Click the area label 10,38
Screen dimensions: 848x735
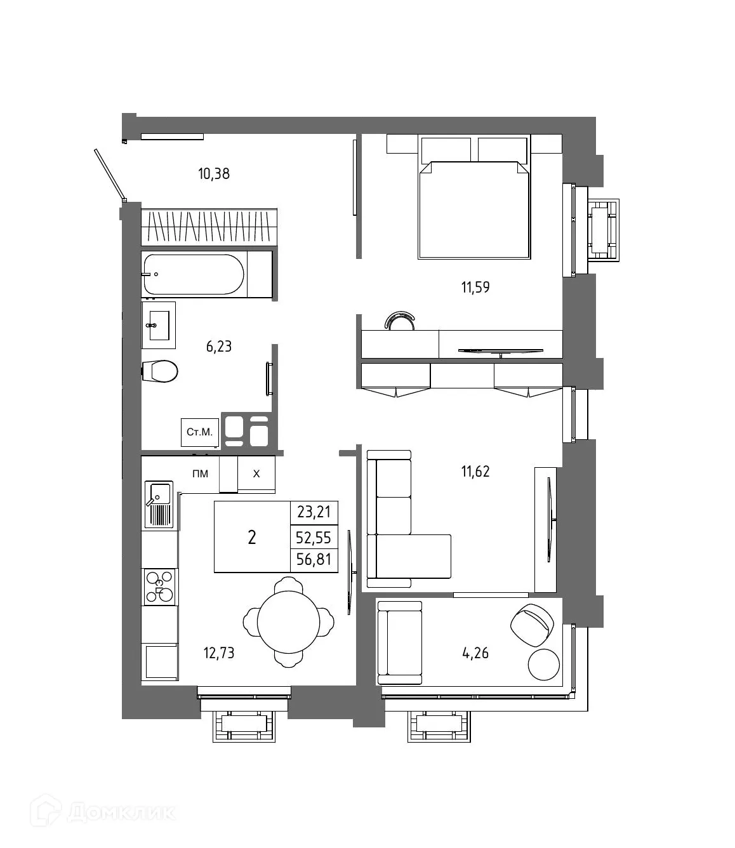click(x=213, y=173)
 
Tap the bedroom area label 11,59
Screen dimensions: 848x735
click(x=475, y=288)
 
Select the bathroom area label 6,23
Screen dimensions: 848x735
click(x=218, y=347)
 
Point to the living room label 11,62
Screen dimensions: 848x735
click(x=475, y=472)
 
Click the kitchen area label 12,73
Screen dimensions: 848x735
click(x=218, y=653)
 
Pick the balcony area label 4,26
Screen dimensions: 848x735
click(x=475, y=653)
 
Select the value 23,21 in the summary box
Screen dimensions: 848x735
click(x=314, y=512)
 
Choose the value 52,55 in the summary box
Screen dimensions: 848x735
click(x=314, y=538)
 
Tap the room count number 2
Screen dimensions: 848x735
click(x=252, y=538)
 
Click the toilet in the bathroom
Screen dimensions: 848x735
click(x=161, y=371)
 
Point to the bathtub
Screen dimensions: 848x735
click(x=194, y=274)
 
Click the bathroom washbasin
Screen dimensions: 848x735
click(x=158, y=325)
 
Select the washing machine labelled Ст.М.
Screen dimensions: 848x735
click(x=199, y=432)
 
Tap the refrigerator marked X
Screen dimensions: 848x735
click(x=256, y=474)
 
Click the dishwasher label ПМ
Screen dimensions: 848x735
click(x=200, y=474)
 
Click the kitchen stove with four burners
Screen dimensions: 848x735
click(x=159, y=586)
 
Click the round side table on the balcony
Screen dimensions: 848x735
click(x=544, y=664)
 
